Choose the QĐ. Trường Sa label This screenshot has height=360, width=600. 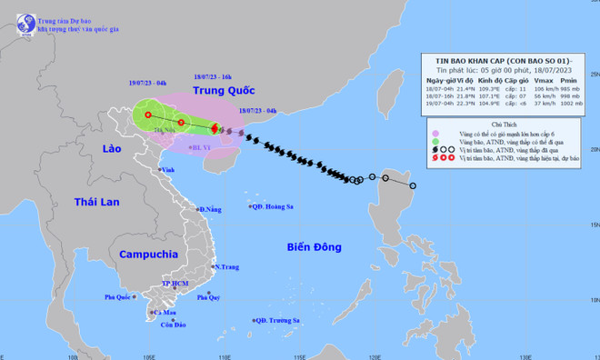[x=277, y=320]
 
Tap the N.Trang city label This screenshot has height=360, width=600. [x=226, y=267]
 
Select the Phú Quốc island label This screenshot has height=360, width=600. [x=119, y=297]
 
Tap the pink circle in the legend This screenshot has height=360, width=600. [x=435, y=135]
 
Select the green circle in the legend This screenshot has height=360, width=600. [x=435, y=144]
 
